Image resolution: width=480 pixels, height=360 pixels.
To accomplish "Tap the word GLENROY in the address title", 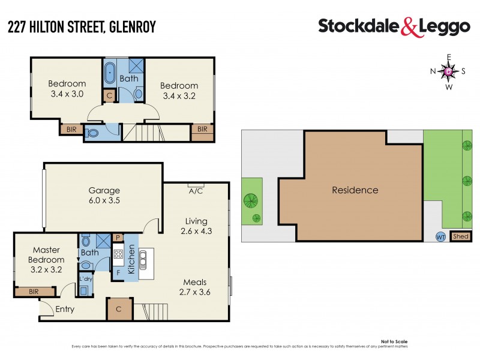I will tap(133, 27).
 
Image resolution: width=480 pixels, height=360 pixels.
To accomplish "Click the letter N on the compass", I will tap(433, 71).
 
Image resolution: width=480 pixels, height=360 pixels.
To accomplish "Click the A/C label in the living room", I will tap(195, 191).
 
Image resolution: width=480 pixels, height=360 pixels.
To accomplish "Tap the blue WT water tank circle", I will tap(440, 236).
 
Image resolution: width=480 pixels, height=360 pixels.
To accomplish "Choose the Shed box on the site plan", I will tap(461, 236).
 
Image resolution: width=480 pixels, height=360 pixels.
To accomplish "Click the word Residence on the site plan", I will tap(355, 190).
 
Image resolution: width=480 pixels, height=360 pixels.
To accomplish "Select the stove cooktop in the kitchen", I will tap(118, 254).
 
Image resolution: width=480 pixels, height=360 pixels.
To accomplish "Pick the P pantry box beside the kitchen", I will tap(118, 238).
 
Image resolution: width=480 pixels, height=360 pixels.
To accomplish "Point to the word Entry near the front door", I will tap(65, 310).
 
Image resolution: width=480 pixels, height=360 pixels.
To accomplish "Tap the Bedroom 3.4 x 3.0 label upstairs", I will tap(67, 89).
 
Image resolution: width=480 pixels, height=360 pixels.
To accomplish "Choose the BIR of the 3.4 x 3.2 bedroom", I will tap(202, 129).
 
